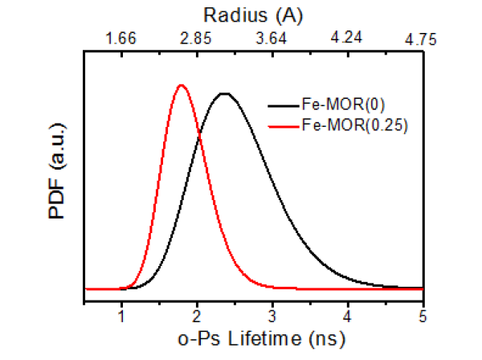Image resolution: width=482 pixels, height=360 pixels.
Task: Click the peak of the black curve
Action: [x=225, y=94]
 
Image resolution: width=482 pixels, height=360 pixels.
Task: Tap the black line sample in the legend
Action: [x=282, y=104]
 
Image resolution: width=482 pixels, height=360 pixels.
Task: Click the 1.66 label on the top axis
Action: [x=122, y=39]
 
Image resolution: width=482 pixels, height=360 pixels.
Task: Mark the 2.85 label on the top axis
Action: [x=197, y=39]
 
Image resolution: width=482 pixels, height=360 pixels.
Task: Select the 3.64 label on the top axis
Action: [x=272, y=39]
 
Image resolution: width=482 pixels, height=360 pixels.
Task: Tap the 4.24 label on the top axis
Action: [x=347, y=39]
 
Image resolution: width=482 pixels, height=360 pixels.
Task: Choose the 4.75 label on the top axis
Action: [x=419, y=39]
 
